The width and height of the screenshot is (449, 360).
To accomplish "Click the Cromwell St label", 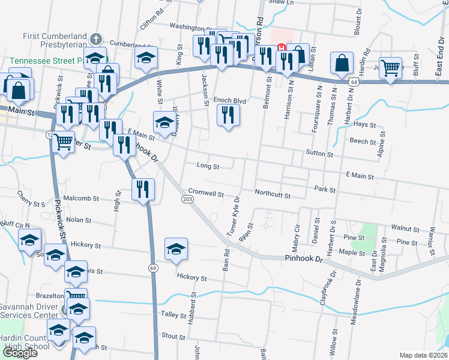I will (x=206, y=194).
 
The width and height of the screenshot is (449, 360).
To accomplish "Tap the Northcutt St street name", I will (x=273, y=195).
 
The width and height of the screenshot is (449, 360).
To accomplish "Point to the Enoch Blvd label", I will (x=231, y=101).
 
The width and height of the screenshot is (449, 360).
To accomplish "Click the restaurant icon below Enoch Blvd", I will (x=228, y=115).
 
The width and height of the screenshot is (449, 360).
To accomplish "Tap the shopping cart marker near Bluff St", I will (x=391, y=68).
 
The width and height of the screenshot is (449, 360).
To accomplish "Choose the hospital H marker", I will (x=280, y=48).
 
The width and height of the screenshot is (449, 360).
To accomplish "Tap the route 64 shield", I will (x=355, y=80).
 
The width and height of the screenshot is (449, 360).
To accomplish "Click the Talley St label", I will (x=172, y=314).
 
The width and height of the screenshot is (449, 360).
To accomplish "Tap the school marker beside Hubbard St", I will (x=176, y=250).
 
